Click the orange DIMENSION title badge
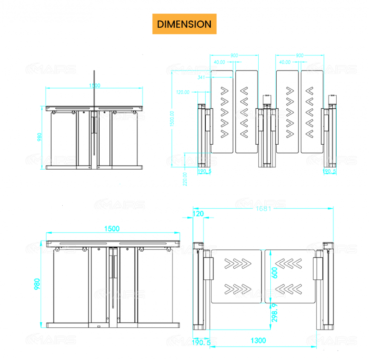184,24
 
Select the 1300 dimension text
258,341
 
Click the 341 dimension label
202,77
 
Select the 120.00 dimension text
183,92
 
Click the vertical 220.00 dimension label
185,179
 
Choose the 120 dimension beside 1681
198,214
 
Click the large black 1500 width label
112,229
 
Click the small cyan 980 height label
40,138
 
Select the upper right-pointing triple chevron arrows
236,263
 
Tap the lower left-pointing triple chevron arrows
290,289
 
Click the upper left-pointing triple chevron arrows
290,263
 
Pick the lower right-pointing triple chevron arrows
236,289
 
